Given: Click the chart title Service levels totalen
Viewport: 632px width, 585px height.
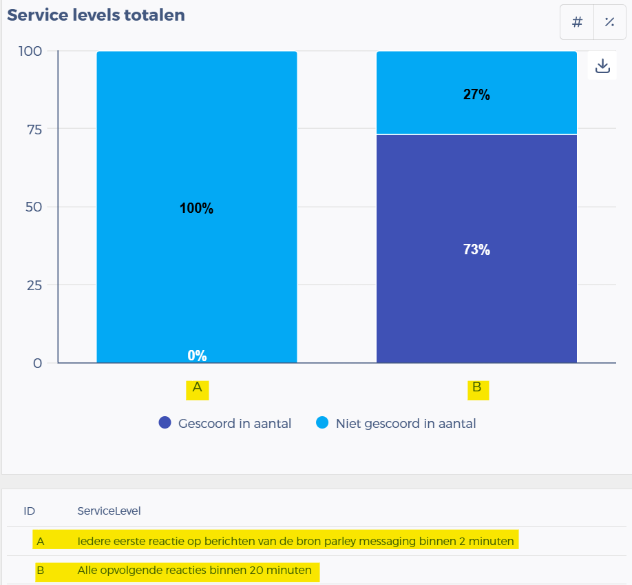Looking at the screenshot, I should [96, 15].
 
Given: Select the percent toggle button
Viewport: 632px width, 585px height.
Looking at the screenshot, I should [609, 22].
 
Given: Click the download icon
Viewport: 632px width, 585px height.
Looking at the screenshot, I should [602, 66].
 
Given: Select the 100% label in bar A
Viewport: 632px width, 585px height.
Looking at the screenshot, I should [197, 209].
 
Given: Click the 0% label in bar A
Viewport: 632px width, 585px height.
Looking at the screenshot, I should [197, 356].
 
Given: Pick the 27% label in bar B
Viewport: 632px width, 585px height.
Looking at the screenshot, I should [476, 95].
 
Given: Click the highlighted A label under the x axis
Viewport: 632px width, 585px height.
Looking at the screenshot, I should [197, 388].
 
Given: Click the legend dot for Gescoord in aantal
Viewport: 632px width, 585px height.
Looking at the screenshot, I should [165, 423].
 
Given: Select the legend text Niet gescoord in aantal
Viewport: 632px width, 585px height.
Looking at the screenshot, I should [405, 424].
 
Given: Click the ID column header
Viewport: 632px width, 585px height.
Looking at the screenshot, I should [30, 511].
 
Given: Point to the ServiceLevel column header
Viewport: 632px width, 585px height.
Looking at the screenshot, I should [109, 511].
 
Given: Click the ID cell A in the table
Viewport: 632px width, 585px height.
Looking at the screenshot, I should [41, 542].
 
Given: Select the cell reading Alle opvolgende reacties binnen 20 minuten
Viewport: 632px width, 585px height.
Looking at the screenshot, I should [195, 571].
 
